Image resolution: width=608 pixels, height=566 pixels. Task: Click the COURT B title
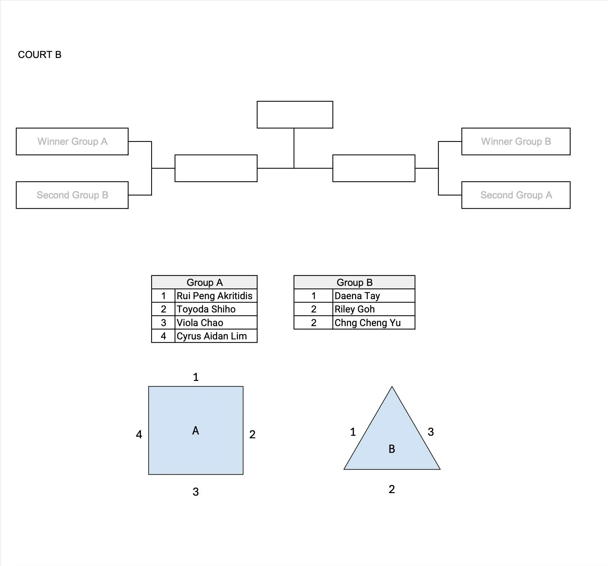coord(40,55)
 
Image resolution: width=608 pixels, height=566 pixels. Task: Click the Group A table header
coord(204,282)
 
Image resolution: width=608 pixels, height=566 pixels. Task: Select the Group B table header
coord(355,282)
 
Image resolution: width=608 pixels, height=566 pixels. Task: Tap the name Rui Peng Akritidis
coord(214,296)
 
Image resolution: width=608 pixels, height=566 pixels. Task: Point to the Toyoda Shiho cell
coord(216,309)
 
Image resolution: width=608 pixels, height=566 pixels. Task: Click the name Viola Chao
coord(200,323)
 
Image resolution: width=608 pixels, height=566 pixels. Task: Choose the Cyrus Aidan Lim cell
coord(216,336)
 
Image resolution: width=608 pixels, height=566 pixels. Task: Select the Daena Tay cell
coord(374,296)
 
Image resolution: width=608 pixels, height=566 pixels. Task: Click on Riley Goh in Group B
coord(355,309)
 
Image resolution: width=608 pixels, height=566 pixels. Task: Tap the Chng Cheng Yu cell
coord(374,323)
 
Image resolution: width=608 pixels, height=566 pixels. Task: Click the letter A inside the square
coord(195,430)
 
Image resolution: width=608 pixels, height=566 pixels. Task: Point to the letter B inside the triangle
coord(392,449)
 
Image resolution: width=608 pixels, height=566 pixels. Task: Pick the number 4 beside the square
coord(139,434)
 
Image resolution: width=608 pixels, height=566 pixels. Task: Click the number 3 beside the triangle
coord(431,432)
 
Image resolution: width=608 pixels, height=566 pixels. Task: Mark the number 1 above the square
coord(196,377)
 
